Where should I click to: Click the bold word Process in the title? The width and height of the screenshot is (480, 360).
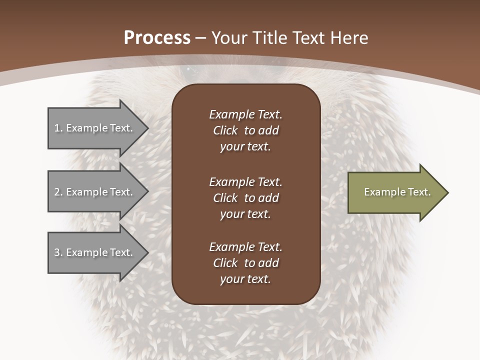click(x=157, y=38)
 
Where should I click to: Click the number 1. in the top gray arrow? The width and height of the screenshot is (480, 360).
click(x=58, y=128)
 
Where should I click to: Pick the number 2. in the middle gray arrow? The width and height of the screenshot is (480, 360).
click(x=58, y=192)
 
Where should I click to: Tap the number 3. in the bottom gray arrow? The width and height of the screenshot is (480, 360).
click(x=58, y=252)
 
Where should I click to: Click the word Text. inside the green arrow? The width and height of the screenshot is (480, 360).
click(x=419, y=192)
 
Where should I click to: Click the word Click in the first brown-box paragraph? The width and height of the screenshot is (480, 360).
click(x=225, y=130)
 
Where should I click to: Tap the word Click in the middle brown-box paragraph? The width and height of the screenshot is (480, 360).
click(x=225, y=198)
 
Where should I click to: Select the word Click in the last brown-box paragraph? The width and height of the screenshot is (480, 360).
click(x=225, y=263)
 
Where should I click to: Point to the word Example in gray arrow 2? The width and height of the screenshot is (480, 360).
click(x=87, y=192)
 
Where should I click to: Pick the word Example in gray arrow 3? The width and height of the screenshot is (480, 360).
click(x=87, y=252)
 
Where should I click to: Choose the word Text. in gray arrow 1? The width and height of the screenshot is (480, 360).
click(x=121, y=128)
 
